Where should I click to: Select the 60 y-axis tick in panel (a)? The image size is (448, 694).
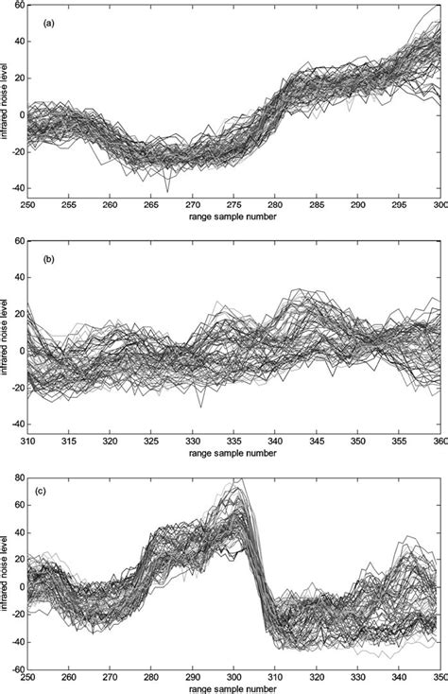click(20, 8)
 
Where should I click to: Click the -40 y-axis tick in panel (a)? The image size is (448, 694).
click(18, 191)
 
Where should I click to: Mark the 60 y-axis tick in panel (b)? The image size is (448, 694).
click(20, 242)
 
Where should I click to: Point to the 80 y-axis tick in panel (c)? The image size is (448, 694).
click(20, 477)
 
